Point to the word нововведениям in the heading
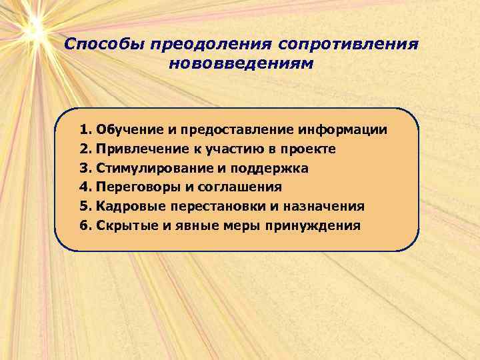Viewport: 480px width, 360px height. pyautogui.click(x=241, y=65)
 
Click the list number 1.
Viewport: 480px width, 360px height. pyautogui.click(x=85, y=129)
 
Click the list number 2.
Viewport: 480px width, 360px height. pyautogui.click(x=85, y=148)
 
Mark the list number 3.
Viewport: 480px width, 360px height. pyautogui.click(x=85, y=167)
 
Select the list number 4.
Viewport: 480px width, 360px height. pyautogui.click(x=85, y=187)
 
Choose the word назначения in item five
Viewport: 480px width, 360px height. pyautogui.click(x=326, y=206)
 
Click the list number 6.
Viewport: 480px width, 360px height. pyautogui.click(x=85, y=225)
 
